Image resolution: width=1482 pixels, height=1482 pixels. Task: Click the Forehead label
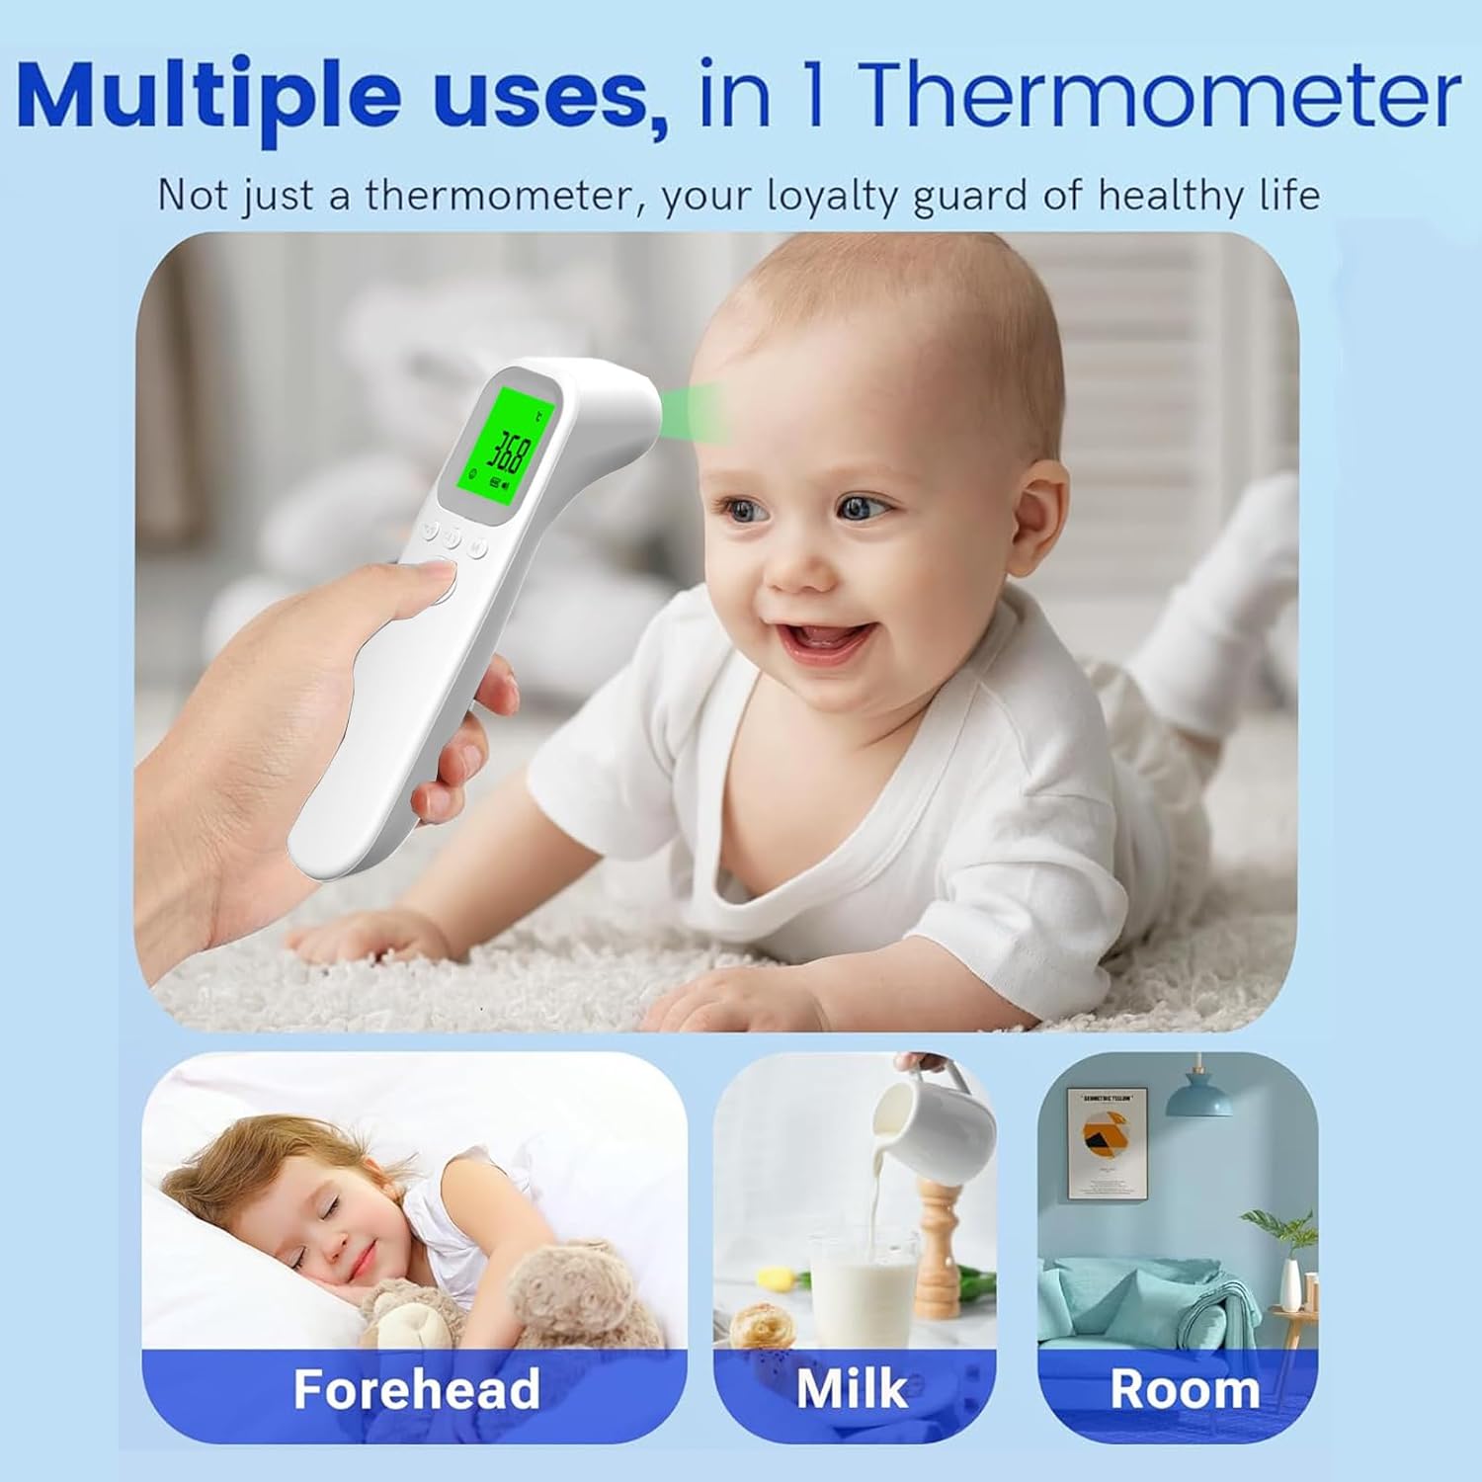point(416,1389)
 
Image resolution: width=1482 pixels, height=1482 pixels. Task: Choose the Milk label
point(852,1388)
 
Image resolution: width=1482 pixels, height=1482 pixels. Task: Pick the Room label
point(1185,1389)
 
